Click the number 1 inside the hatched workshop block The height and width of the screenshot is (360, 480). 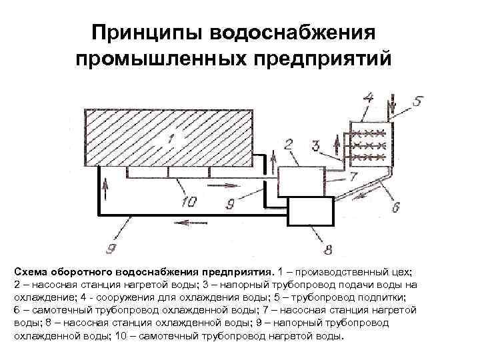tap(169, 139)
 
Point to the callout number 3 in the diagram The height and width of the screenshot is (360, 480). tap(315, 145)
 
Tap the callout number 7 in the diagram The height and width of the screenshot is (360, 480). tap(355, 175)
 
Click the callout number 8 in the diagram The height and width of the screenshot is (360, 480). tap(327, 250)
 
